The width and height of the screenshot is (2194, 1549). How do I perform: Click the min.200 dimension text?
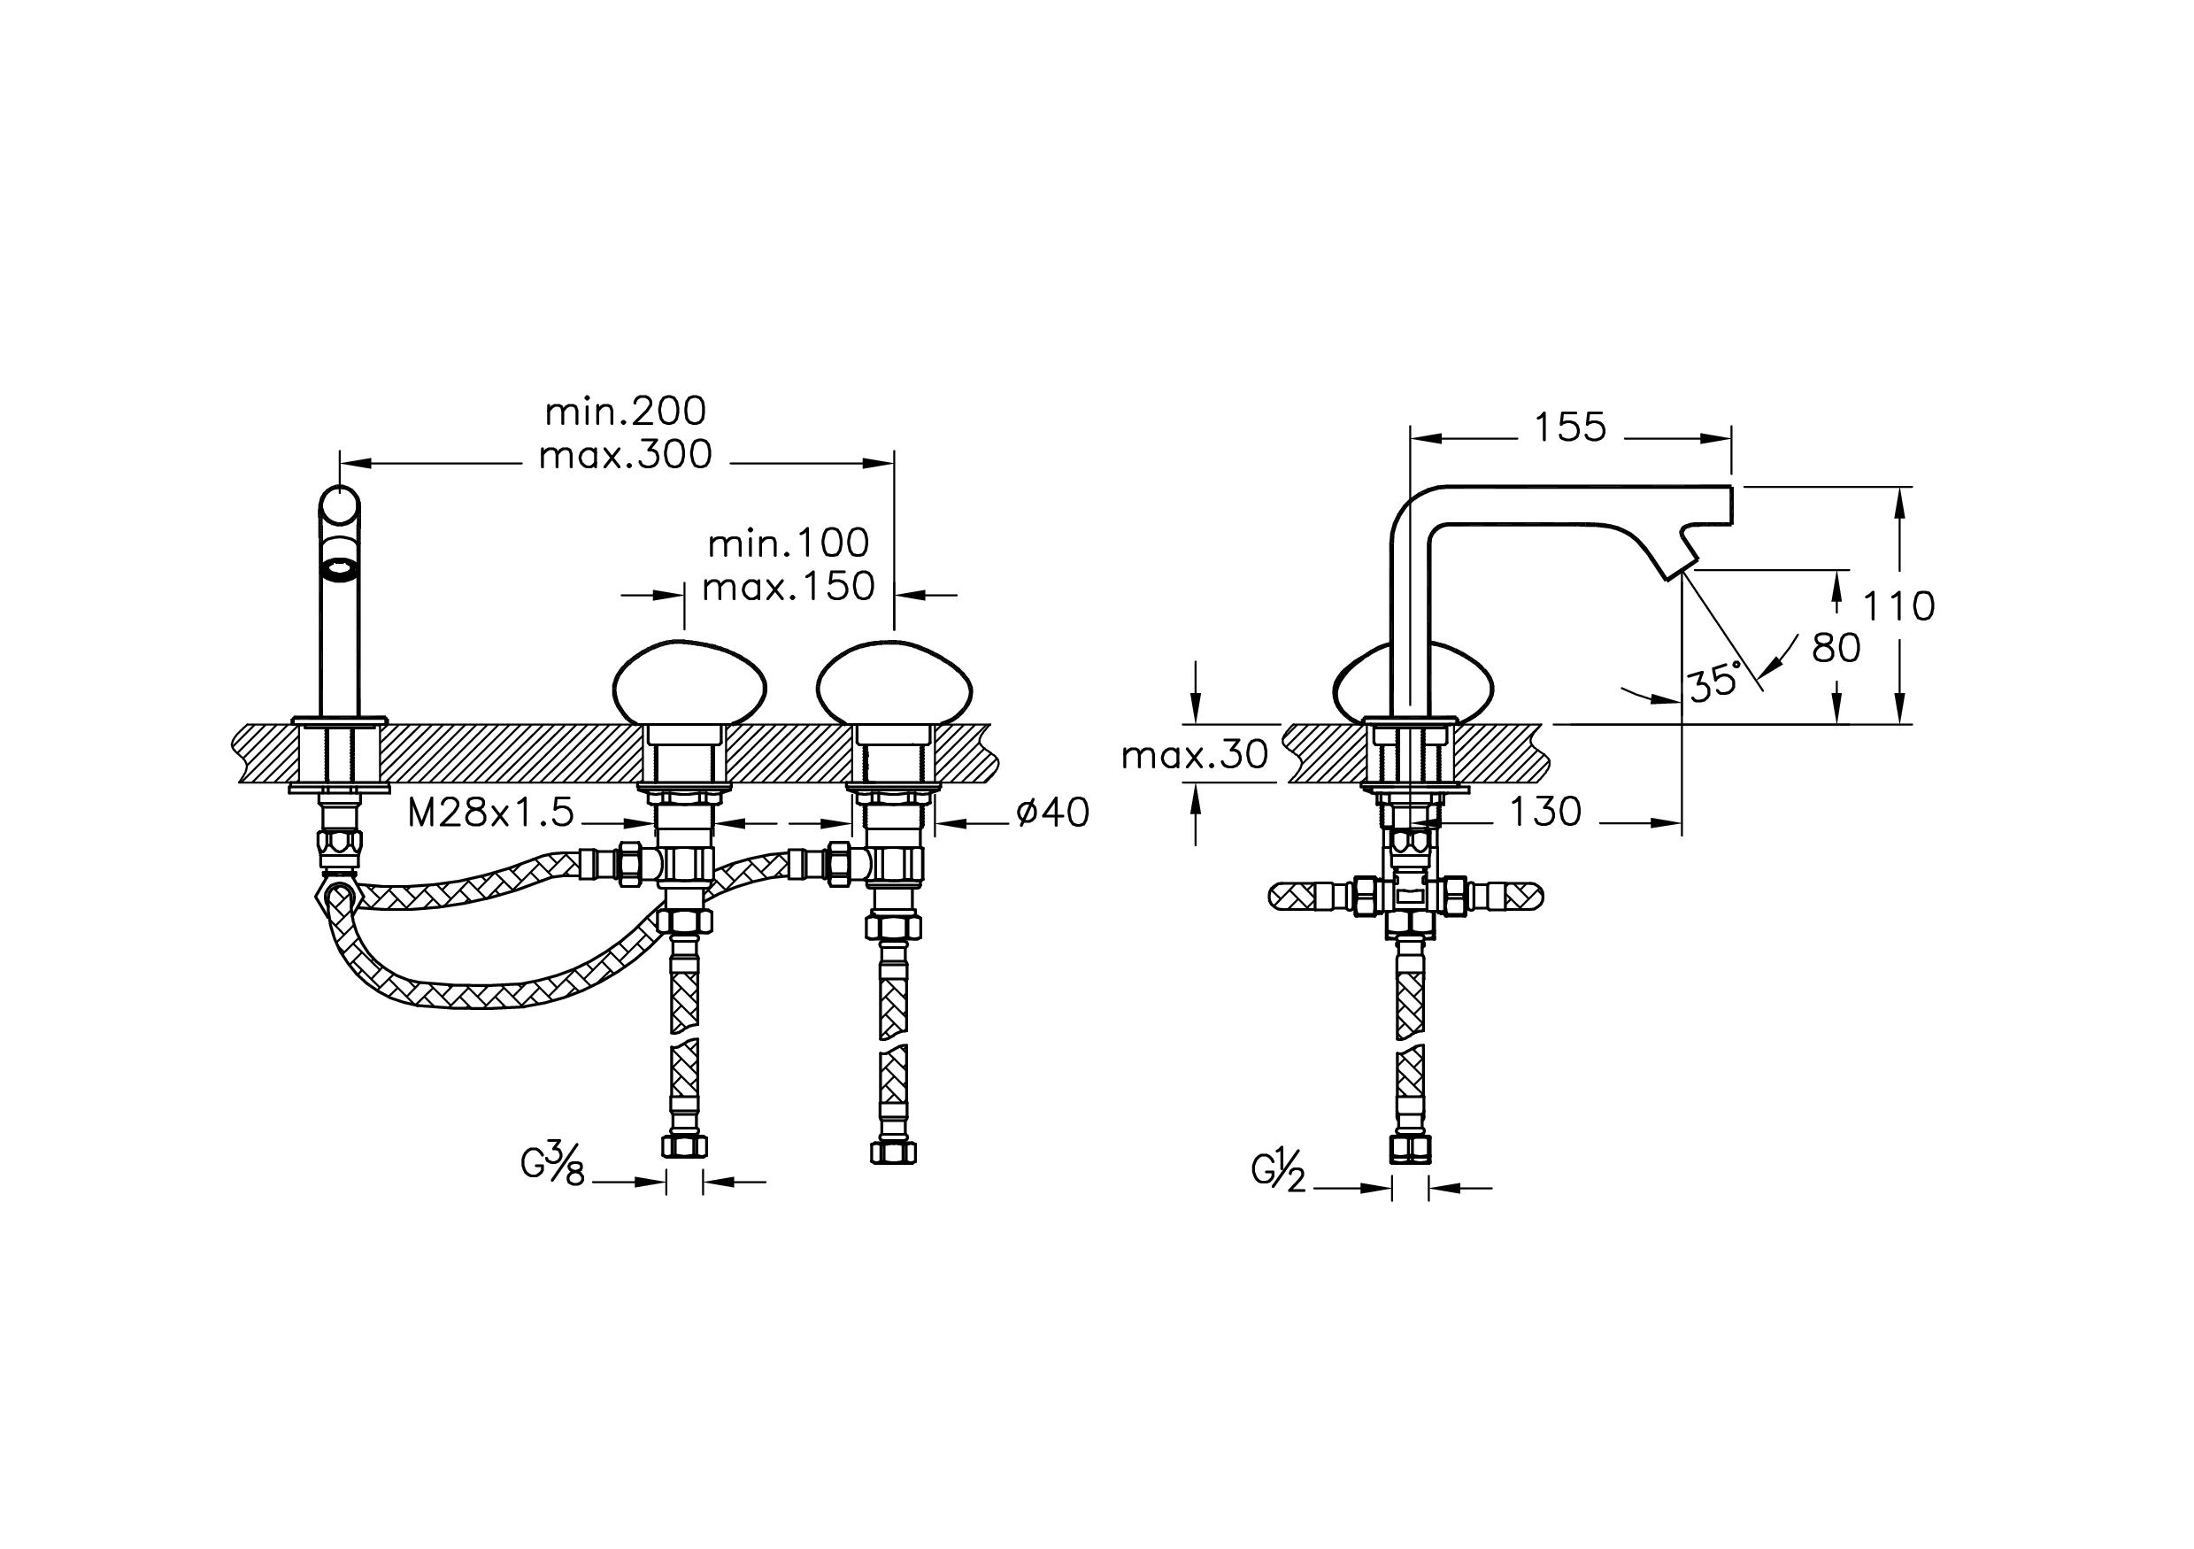tap(625, 412)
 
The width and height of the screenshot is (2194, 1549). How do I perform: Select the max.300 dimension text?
tap(625, 456)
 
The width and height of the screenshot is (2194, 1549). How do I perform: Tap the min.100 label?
tap(789, 543)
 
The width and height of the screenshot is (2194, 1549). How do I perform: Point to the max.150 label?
tap(789, 587)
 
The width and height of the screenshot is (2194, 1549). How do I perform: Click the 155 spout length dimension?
tap(1570, 428)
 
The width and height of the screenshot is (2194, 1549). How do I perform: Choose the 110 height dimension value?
tap(1899, 605)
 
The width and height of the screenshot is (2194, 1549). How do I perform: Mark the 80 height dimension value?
tap(1836, 649)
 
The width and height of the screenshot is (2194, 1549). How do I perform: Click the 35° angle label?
tap(1713, 684)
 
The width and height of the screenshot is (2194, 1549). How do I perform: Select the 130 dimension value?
tap(1545, 813)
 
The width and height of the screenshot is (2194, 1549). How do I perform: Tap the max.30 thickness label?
tap(1195, 756)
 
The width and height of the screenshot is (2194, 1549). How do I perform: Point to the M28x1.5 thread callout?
tap(491, 813)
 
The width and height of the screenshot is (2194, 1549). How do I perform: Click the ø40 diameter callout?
tap(1053, 813)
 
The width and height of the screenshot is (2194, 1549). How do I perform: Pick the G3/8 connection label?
tap(552, 1167)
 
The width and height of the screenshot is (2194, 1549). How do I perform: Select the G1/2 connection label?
tap(1279, 1173)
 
